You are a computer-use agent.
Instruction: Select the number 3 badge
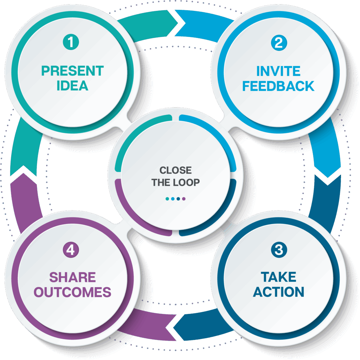point(279,250)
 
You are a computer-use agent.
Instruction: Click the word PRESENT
point(72,71)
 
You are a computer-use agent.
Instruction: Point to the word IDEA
point(72,86)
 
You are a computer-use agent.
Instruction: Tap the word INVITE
point(278,71)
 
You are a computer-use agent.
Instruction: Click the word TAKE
point(278,277)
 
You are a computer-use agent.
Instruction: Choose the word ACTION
point(278,292)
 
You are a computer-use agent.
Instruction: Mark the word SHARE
point(72,277)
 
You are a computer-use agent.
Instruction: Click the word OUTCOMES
point(72,292)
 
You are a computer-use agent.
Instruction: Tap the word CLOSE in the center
point(175,171)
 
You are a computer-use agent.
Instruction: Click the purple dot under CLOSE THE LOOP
point(184,199)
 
